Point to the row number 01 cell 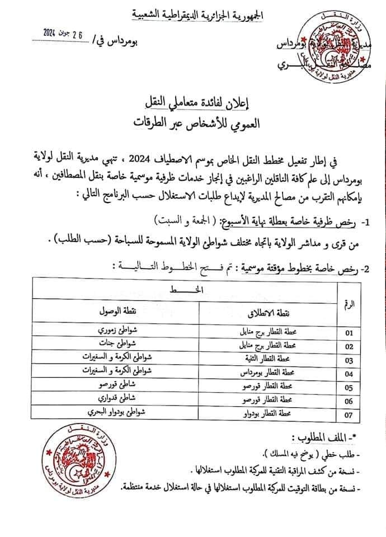(x=350, y=333)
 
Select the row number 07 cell (x=350, y=414)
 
